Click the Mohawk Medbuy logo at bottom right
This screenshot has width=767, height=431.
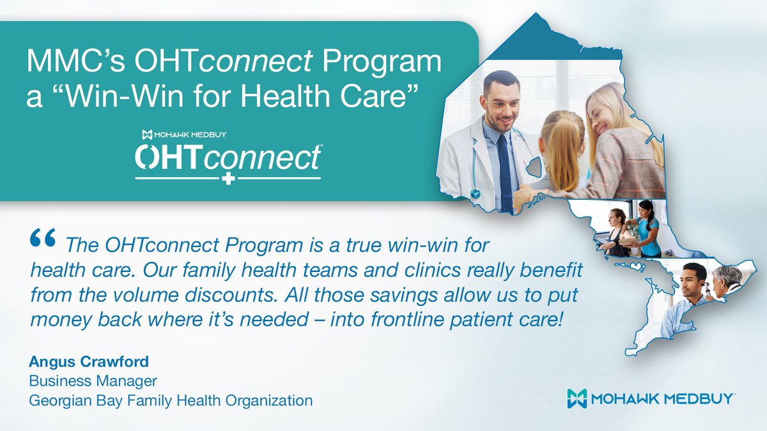651,397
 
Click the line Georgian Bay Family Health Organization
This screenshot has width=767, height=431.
171,400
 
